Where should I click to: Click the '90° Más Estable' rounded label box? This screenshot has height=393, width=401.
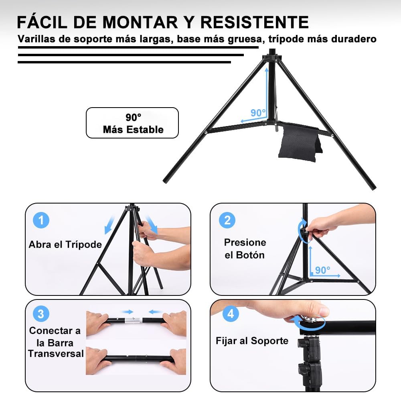coord(132,123)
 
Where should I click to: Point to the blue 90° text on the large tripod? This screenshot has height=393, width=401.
coord(258,113)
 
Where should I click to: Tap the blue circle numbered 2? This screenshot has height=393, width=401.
coord(227,220)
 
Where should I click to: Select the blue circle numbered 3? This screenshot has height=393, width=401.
coord(41,314)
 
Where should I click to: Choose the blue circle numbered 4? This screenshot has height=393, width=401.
coord(230,314)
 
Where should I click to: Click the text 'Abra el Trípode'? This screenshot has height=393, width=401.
coord(65,244)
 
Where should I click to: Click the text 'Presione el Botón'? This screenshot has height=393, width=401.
coord(245,248)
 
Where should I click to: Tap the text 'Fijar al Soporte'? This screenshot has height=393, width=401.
coord(252,341)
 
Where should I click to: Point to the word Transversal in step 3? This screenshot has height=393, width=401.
coord(56,354)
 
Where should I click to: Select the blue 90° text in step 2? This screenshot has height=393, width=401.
coord(322,270)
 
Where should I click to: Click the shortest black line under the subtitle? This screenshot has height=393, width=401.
coord(124,62)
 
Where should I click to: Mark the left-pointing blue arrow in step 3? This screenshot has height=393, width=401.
coord(156,312)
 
